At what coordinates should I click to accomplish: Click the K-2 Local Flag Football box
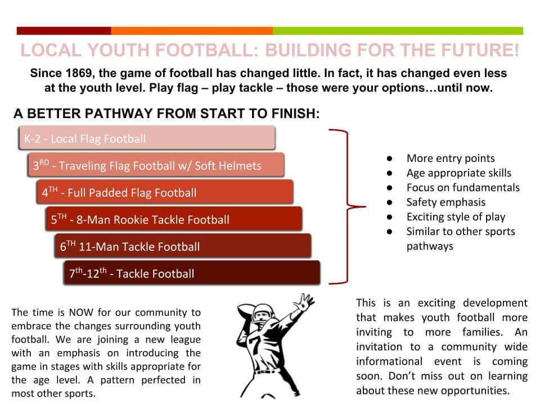click(x=147, y=138)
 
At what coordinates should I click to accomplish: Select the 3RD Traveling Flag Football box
click(x=156, y=165)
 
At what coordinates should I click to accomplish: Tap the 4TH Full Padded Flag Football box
click(x=165, y=192)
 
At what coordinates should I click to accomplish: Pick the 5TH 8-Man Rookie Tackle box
click(x=174, y=219)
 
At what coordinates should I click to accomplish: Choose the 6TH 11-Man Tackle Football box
click(x=183, y=246)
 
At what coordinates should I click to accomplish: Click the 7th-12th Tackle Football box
click(x=192, y=273)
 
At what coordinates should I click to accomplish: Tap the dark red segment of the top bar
click(x=64, y=31)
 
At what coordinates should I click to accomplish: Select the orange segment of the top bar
click(x=192, y=31)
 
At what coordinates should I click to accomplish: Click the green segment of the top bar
click(x=398, y=31)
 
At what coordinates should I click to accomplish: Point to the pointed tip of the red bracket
click(x=365, y=206)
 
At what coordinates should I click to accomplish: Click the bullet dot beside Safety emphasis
click(x=389, y=202)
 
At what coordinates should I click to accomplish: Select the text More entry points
click(x=451, y=159)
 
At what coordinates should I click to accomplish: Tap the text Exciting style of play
click(x=456, y=217)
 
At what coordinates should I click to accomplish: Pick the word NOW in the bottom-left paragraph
click(x=81, y=312)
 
